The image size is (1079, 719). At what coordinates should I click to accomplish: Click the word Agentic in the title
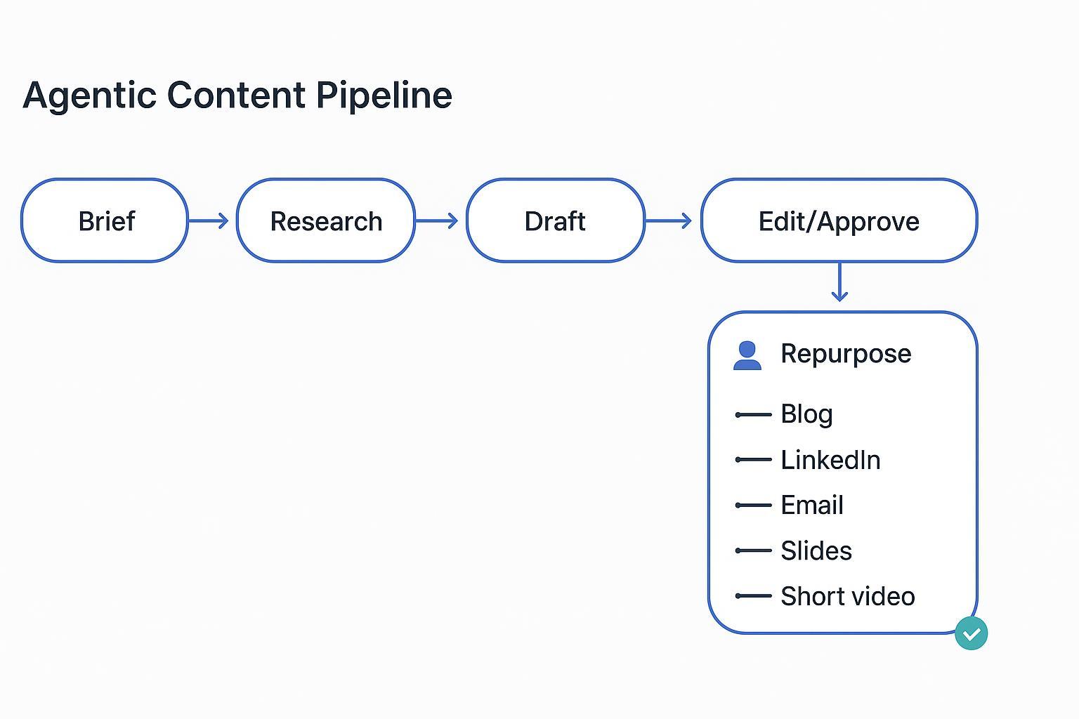tap(89, 95)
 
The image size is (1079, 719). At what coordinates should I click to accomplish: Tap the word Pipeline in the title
tap(384, 95)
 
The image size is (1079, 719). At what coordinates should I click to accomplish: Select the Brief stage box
tap(105, 220)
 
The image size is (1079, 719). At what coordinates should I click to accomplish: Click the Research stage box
tap(326, 220)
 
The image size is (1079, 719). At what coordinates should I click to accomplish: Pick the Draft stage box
tap(555, 220)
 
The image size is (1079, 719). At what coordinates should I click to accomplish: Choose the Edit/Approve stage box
tap(839, 220)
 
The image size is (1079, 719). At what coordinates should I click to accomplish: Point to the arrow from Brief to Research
tap(209, 221)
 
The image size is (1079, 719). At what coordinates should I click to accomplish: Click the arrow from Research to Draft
tap(437, 221)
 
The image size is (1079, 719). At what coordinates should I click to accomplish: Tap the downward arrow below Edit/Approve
tap(839, 282)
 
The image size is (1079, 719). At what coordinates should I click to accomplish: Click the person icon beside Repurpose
tap(747, 355)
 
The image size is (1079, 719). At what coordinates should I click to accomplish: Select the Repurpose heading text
tap(846, 353)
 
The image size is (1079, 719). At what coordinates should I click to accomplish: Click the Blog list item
tap(806, 414)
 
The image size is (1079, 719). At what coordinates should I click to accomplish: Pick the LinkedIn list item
tap(830, 460)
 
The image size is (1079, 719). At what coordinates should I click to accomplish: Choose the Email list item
tap(812, 505)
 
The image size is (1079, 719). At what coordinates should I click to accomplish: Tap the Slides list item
tap(816, 550)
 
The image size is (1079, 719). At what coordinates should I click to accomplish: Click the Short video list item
tap(848, 596)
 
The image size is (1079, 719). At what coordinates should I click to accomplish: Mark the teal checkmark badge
tap(972, 633)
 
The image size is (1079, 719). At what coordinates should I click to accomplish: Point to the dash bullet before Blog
tap(753, 415)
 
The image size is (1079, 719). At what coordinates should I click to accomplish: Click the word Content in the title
tap(236, 95)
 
